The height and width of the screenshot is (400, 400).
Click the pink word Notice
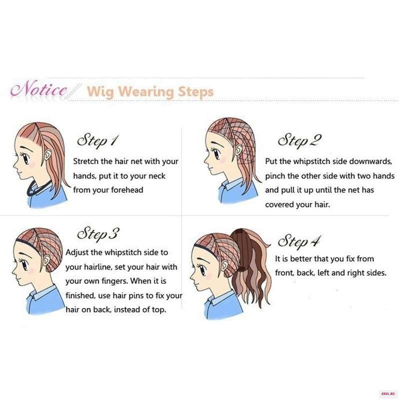click(x=39, y=89)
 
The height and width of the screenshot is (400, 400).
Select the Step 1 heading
click(x=98, y=141)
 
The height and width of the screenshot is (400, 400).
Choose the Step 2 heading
click(x=299, y=140)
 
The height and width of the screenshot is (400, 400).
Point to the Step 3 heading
click(x=98, y=234)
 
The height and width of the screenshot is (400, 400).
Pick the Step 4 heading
click(x=298, y=241)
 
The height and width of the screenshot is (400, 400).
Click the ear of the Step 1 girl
click(x=47, y=154)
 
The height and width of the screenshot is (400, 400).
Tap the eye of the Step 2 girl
click(x=216, y=154)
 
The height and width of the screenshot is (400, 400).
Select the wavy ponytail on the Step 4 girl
click(x=251, y=265)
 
